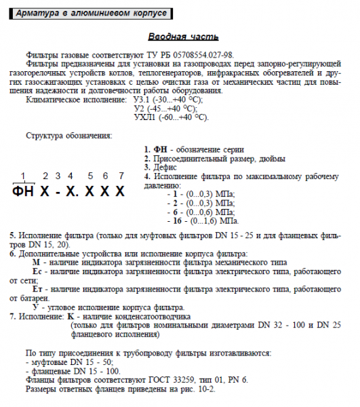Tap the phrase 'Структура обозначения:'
68,135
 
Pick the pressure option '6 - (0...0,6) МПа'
201,212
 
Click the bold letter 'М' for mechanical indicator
37,261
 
